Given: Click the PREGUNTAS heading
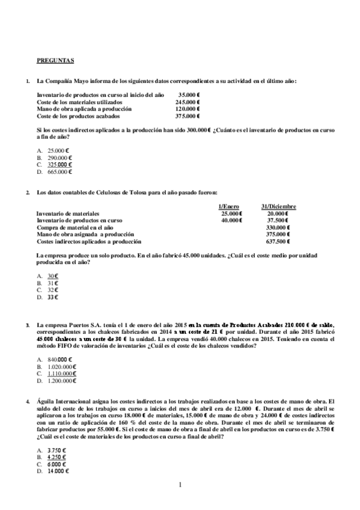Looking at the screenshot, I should pos(55,60).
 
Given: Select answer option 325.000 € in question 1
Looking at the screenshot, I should pos(59,164).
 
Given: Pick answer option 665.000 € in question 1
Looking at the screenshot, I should pos(59,171).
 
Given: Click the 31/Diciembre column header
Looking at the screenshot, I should pos(278,206).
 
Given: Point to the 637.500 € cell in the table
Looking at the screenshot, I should pos(278,241).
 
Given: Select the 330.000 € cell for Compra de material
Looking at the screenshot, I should pos(278,227).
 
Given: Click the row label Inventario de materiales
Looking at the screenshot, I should pos(68,214).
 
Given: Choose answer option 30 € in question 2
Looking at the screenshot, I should pos(53,275).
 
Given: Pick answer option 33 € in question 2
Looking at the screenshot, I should pos(53,297).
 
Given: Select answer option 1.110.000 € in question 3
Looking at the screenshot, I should pos(61,373).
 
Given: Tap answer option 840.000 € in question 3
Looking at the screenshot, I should pos(59,359).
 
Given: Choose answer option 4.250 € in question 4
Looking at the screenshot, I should pos(56,457).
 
